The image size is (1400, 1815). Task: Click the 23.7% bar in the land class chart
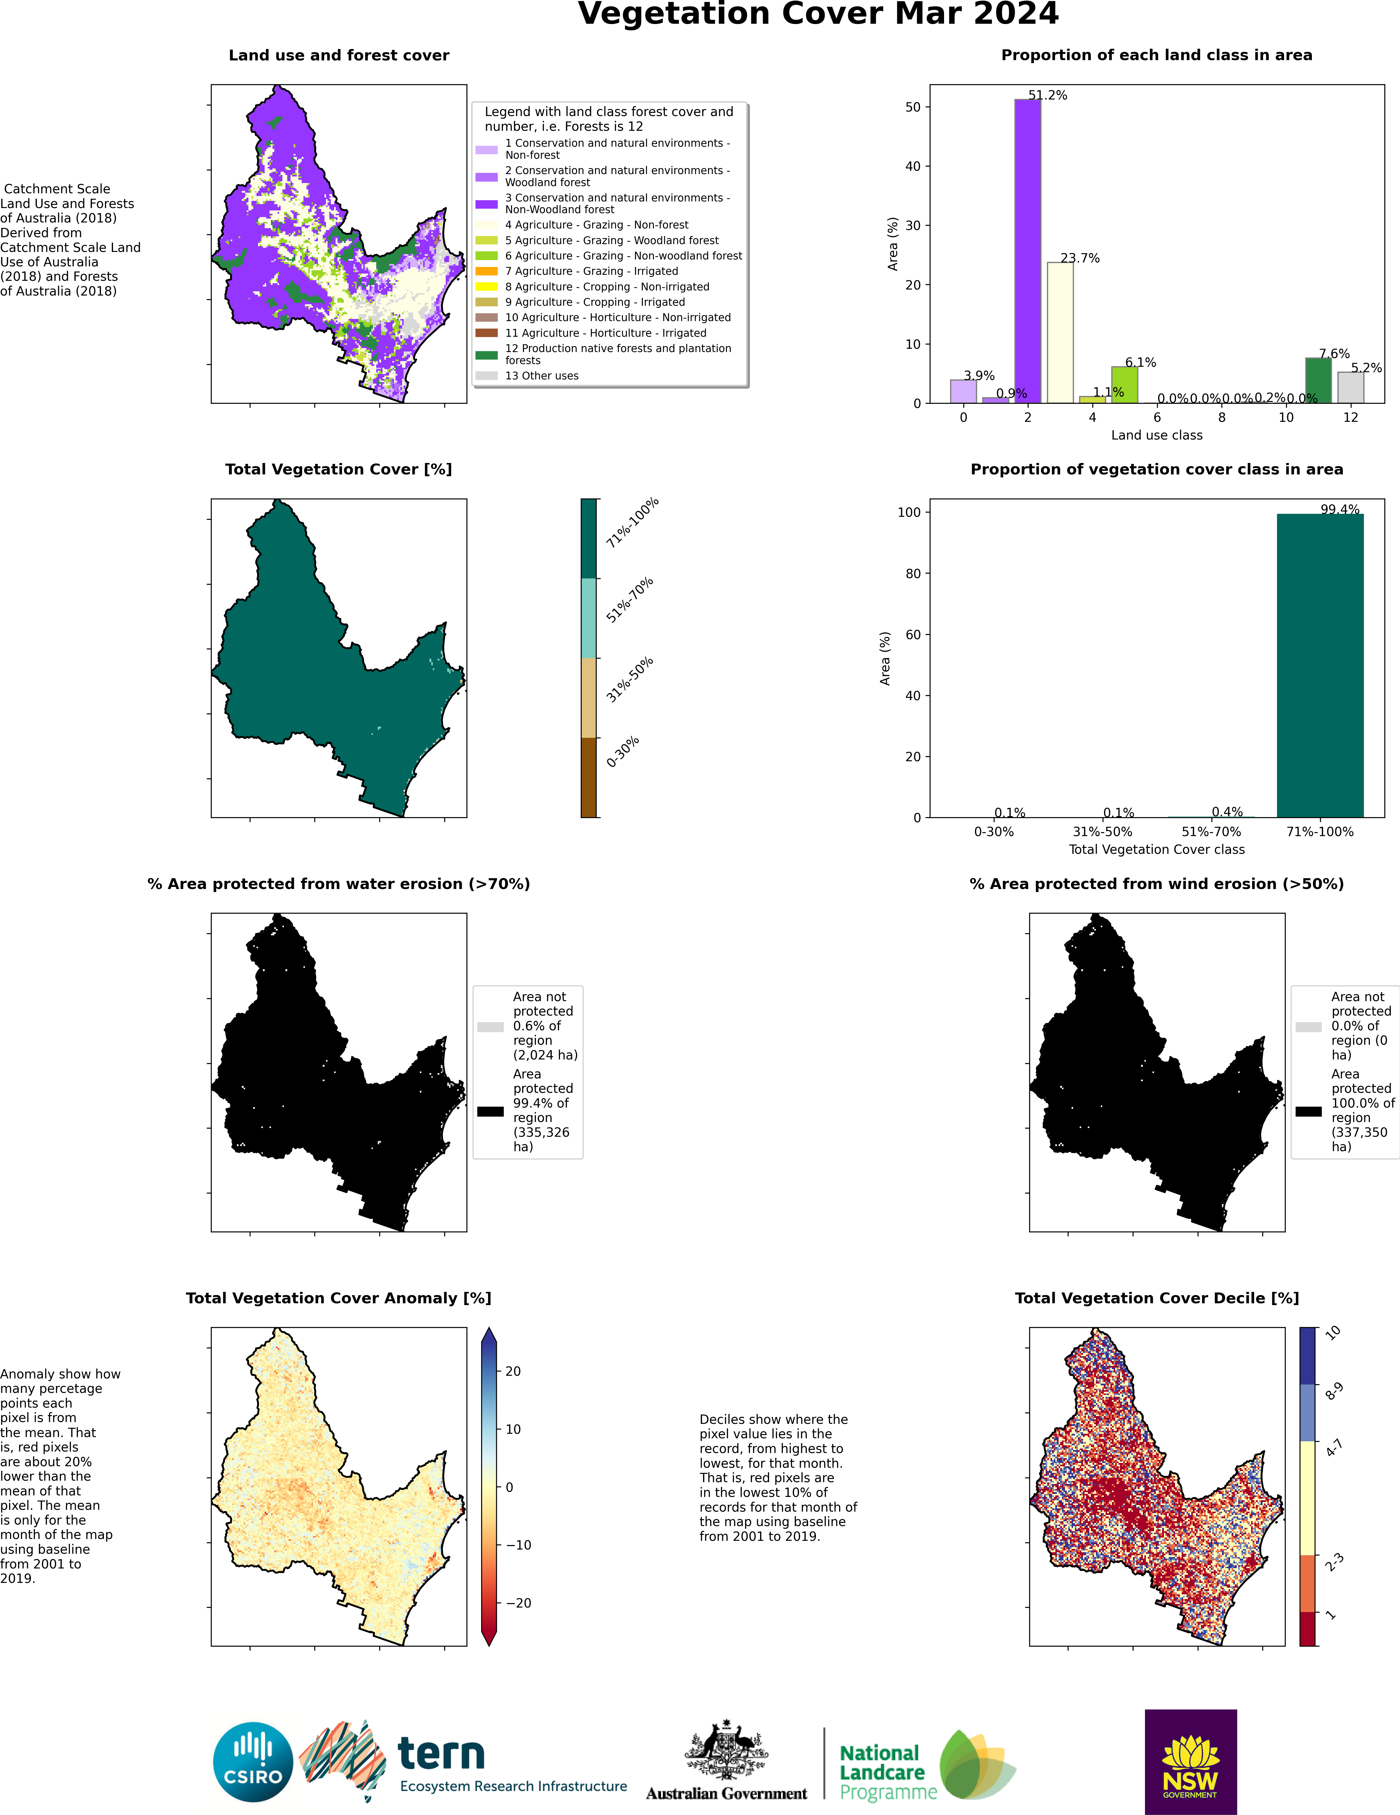pyautogui.click(x=1060, y=333)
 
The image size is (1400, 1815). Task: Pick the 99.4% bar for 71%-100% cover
pyautogui.click(x=1320, y=665)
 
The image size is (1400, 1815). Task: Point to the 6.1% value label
pyautogui.click(x=1141, y=362)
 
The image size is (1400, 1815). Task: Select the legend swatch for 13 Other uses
pyautogui.click(x=486, y=376)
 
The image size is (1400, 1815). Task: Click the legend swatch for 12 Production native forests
pyautogui.click(x=486, y=355)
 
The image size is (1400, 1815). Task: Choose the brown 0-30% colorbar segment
pyautogui.click(x=589, y=777)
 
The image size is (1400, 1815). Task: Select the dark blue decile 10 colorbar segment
pyautogui.click(x=1308, y=1355)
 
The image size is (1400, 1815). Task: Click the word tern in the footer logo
pyautogui.click(x=441, y=1753)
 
